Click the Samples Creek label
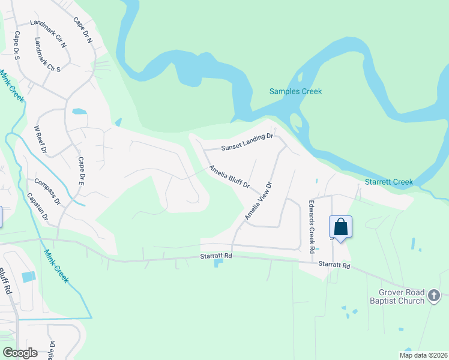click(295, 92)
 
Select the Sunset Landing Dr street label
click(247, 142)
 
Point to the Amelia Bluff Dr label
click(229, 177)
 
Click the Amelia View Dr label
click(259, 200)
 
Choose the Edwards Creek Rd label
click(312, 226)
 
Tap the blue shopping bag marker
click(340, 227)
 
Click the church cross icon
click(435, 295)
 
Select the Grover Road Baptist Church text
click(397, 296)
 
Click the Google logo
click(20, 353)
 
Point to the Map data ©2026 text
click(422, 355)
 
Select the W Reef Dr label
click(40, 140)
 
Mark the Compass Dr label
click(49, 191)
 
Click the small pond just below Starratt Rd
click(217, 263)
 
